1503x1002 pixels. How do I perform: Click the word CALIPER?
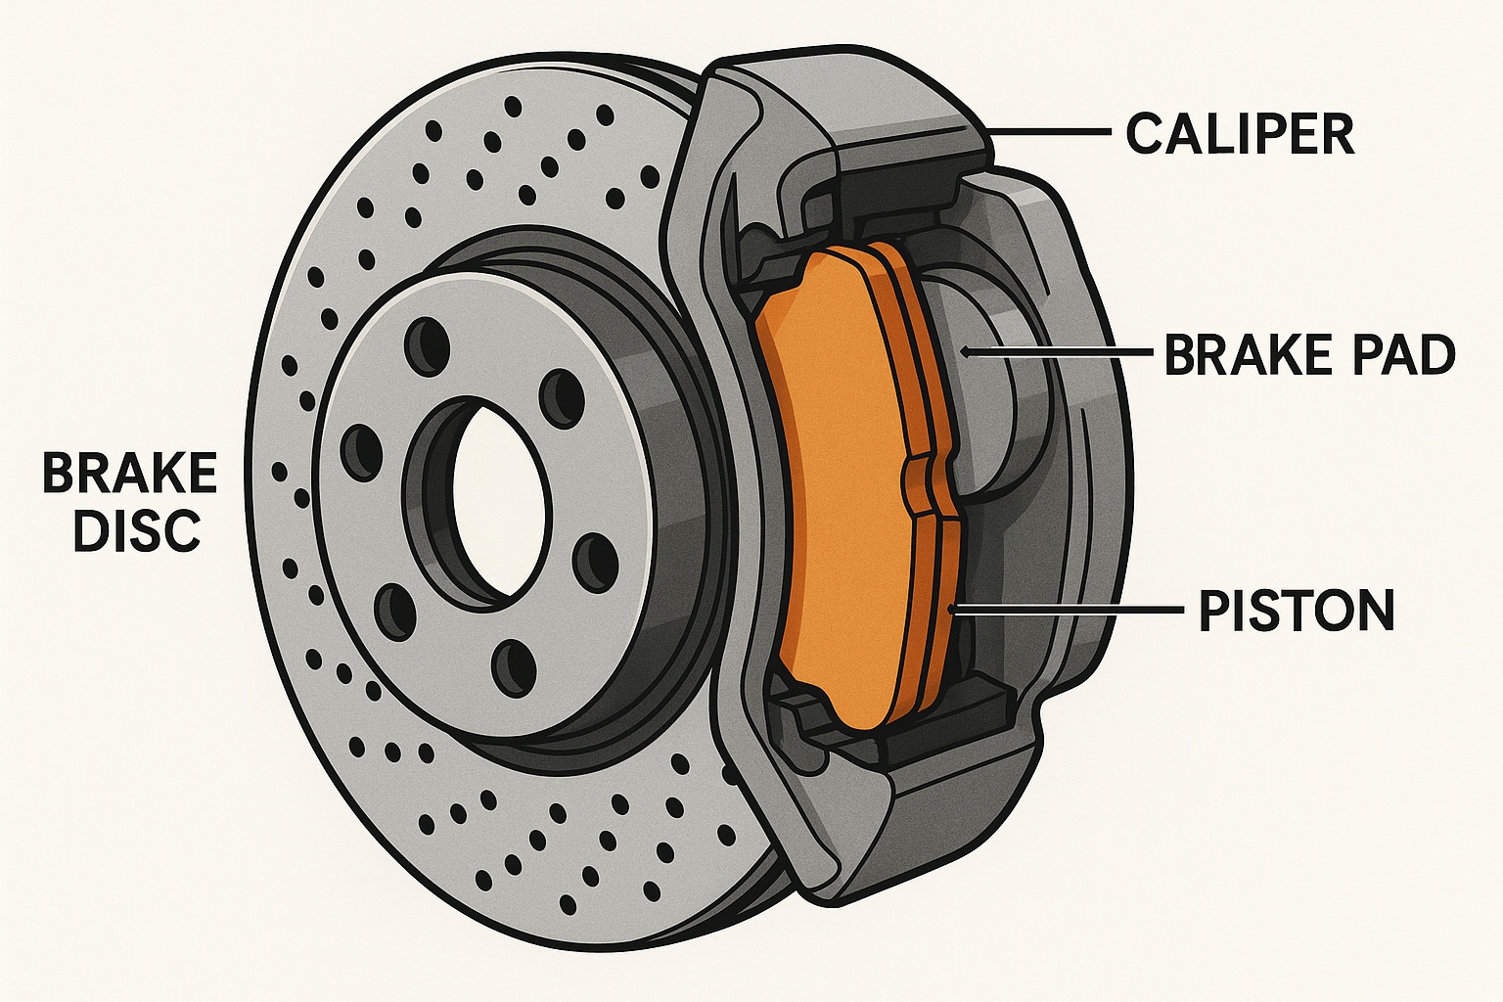(1240, 134)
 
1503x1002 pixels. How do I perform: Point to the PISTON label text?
(1297, 611)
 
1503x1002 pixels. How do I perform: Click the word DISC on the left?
(137, 530)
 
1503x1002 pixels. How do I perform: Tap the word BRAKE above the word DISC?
(129, 475)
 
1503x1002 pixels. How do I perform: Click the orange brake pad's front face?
(832, 489)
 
